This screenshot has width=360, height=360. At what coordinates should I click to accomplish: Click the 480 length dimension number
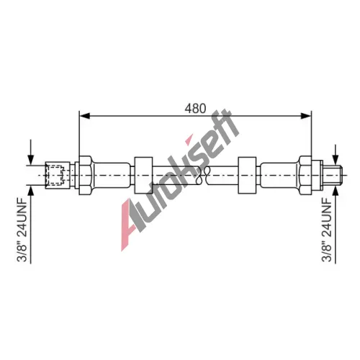click(195, 109)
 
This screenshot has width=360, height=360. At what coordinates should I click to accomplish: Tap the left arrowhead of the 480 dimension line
click(84, 116)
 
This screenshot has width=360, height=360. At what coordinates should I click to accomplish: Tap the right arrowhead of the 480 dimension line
click(306, 116)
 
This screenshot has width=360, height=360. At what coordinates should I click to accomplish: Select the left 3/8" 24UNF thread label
click(24, 230)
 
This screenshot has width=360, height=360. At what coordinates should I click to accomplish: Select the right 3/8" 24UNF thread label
click(327, 230)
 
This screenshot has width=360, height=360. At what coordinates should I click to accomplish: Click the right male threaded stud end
click(333, 175)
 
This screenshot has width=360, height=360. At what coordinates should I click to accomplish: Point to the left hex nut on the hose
click(85, 175)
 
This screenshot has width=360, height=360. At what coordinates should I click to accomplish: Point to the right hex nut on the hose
click(305, 175)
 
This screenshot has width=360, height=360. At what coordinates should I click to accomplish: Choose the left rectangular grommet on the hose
click(143, 175)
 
